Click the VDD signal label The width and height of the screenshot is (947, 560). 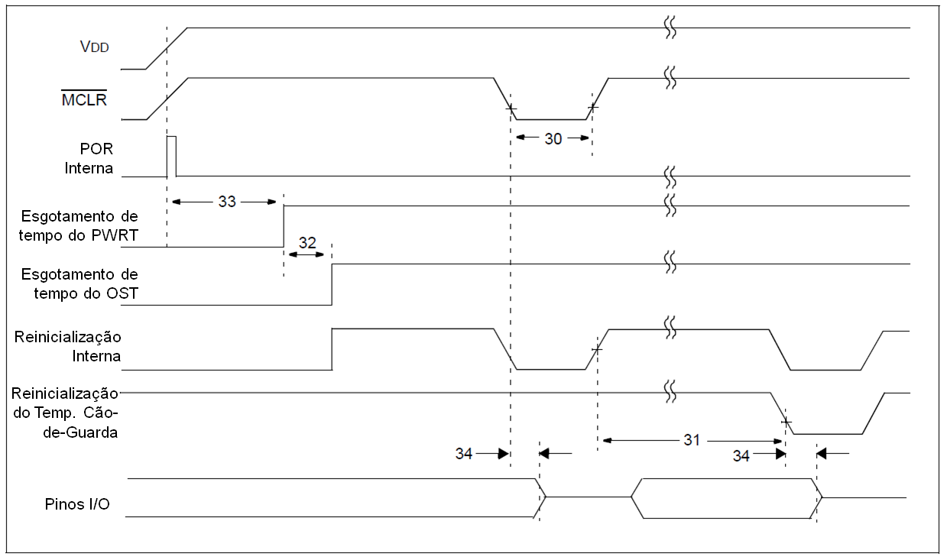click(95, 47)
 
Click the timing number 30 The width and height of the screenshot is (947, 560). click(553, 138)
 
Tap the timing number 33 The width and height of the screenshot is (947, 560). click(227, 202)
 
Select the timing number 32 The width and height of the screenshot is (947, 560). click(306, 242)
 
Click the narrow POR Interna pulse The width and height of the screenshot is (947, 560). click(172, 155)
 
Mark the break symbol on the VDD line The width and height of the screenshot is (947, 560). click(670, 28)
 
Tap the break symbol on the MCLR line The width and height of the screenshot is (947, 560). click(670, 78)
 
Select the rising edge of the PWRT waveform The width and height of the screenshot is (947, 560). click(284, 226)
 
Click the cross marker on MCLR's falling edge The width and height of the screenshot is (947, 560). click(510, 108)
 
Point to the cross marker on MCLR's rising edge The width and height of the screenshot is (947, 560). click(592, 108)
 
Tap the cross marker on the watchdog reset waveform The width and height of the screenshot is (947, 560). click(786, 422)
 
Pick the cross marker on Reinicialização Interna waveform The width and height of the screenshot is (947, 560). click(597, 349)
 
